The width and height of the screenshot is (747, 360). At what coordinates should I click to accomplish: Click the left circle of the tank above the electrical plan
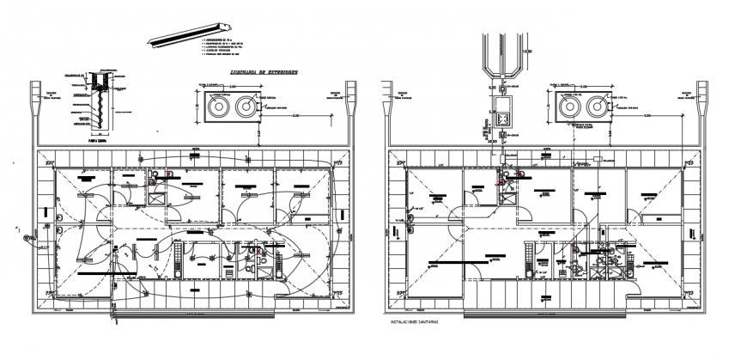(x=218, y=107)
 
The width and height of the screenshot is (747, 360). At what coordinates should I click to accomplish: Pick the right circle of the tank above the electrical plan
(x=244, y=107)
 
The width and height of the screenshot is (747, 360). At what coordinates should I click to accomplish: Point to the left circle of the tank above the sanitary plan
(x=568, y=107)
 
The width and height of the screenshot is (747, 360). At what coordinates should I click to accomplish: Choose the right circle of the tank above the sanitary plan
(x=593, y=107)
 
